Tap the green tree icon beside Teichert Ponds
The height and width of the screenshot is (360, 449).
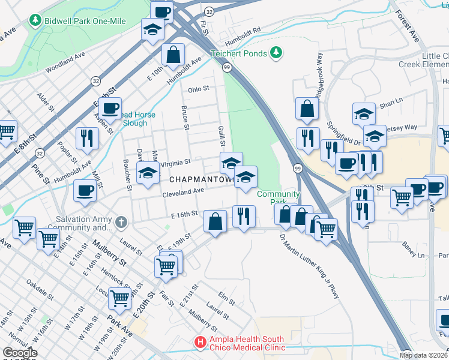pos(276,53)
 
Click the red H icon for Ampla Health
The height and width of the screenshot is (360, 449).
pos(199,343)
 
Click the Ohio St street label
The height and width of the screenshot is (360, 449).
pos(198,89)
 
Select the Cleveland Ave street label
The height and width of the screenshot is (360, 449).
pos(183,191)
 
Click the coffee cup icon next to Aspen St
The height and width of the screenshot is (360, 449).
pos(110,109)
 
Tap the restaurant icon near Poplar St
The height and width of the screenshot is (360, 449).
pos(88,139)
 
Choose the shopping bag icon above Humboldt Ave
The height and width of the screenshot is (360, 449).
pos(173,55)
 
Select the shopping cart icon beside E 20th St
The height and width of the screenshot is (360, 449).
pos(120,298)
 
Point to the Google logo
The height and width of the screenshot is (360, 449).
pos(20,353)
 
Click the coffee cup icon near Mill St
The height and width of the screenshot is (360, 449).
pos(85,191)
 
